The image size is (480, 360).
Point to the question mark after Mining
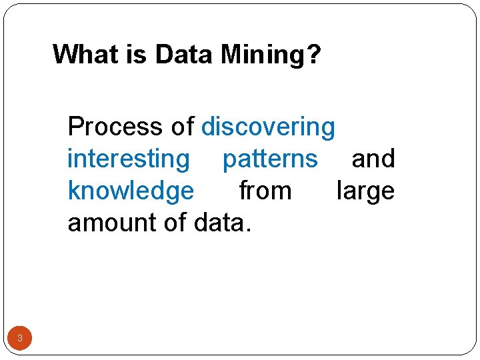tap(313, 54)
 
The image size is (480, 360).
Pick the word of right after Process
tap(181, 126)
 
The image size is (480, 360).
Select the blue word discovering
tap(268, 127)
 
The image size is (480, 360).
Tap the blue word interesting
tap(129, 159)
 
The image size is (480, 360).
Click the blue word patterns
tap(270, 159)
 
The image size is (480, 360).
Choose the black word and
tap(373, 159)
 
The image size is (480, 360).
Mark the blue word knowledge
tap(131, 191)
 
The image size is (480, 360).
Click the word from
tap(265, 191)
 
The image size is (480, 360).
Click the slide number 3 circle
tap(20, 339)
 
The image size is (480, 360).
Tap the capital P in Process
tap(75, 126)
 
